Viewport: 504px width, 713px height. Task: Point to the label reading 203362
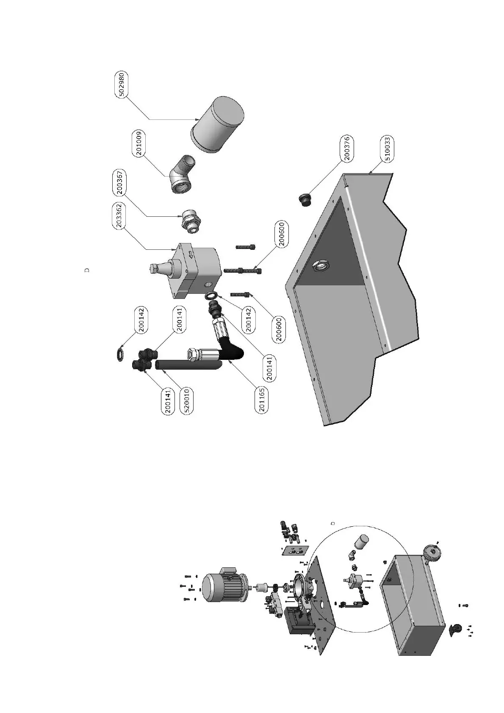pos(120,216)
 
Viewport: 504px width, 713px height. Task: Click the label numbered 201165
pos(263,400)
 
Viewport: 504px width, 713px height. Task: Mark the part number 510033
pos(387,149)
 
